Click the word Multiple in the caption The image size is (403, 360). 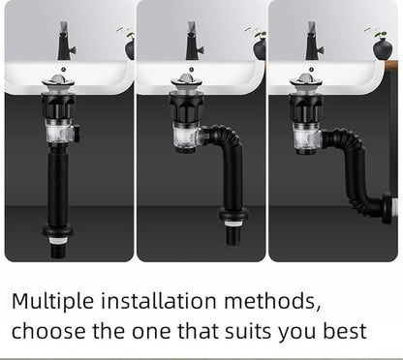(x=51, y=300)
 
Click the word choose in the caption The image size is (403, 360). (x=48, y=331)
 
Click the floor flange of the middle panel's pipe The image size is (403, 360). (x=233, y=214)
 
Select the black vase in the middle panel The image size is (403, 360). (x=260, y=48)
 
